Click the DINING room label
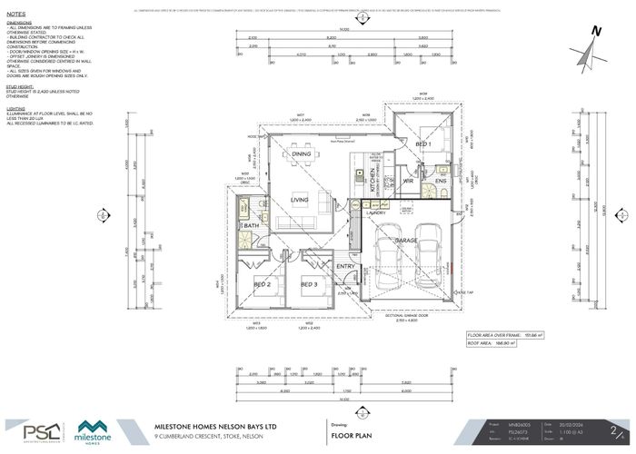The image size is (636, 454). click(x=302, y=154)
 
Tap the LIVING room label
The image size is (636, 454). click(x=300, y=200)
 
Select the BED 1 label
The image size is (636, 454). click(x=423, y=145)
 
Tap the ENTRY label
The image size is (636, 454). click(x=344, y=266)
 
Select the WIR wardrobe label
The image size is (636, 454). click(x=408, y=182)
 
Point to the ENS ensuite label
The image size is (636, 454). click(x=441, y=182)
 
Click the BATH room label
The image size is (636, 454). click(x=253, y=225)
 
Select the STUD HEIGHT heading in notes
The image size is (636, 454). click(x=20, y=88)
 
